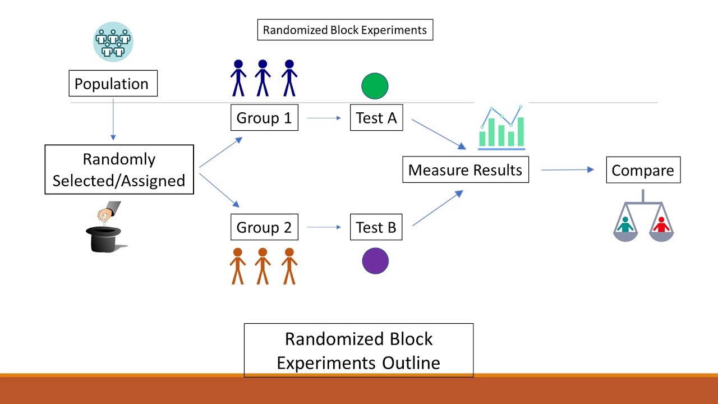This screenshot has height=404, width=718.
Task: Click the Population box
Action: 113,84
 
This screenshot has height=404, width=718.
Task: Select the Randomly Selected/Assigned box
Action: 119,169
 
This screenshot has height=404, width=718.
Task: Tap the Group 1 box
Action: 264,118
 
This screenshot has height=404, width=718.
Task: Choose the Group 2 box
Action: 264,227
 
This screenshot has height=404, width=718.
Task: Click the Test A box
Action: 376,118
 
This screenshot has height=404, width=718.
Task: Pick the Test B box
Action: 376,227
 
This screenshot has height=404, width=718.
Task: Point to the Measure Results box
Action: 465,170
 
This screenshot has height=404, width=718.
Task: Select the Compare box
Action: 643,170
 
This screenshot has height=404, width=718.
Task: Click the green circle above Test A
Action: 375,86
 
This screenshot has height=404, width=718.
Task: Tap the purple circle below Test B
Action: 375,261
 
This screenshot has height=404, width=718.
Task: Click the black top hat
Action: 104,239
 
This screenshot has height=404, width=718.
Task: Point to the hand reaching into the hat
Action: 107,213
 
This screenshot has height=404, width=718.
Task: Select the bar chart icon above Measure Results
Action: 501,128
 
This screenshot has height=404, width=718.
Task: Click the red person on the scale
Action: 661,224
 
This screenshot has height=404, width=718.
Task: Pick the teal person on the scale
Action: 625,224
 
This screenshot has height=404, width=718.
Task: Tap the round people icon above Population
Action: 113,42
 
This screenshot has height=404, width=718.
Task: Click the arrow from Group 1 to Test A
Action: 324,118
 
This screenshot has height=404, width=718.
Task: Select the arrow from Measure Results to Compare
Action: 567,169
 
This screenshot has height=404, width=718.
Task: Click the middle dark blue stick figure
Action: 263,78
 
